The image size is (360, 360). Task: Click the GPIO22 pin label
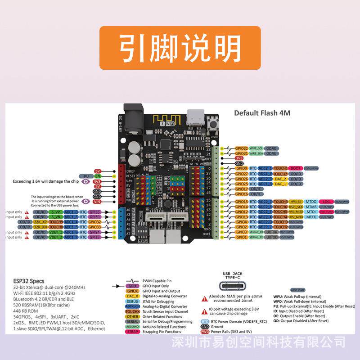pos(242,148)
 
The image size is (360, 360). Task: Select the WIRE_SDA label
pos(256,153)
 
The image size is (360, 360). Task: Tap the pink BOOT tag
pos(296,168)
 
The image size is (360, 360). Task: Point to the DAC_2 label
pos(280,179)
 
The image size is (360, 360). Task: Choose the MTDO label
pos(311,202)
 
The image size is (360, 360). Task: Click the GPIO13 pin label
pos(242,217)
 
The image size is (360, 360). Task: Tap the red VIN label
pos(97,202)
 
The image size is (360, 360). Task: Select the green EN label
pos(98,176)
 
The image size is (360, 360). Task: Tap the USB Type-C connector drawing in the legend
pos(233,286)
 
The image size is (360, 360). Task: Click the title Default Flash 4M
pos(262,113)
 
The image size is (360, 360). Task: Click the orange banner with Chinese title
pos(180,48)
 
